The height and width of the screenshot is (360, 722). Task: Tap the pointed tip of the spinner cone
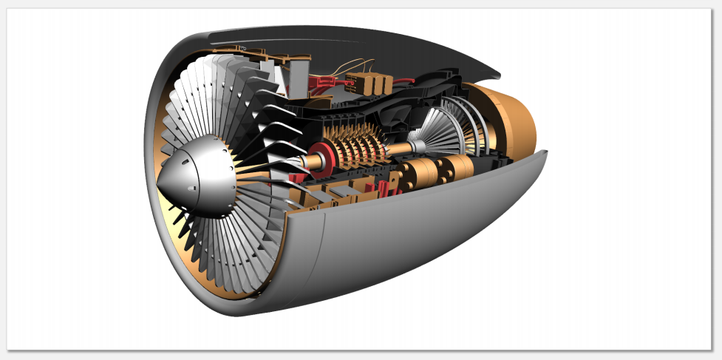159,185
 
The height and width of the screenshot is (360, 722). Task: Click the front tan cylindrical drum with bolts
418,177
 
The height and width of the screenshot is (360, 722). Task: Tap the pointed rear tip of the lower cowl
545,152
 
